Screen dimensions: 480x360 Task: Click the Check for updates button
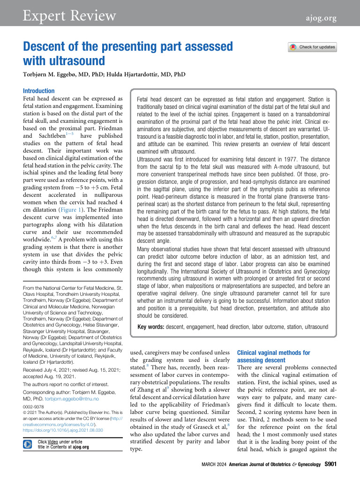click(312, 47)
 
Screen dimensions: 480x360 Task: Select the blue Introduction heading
click(39, 91)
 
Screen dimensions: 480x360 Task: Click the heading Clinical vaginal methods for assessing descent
click(274, 356)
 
